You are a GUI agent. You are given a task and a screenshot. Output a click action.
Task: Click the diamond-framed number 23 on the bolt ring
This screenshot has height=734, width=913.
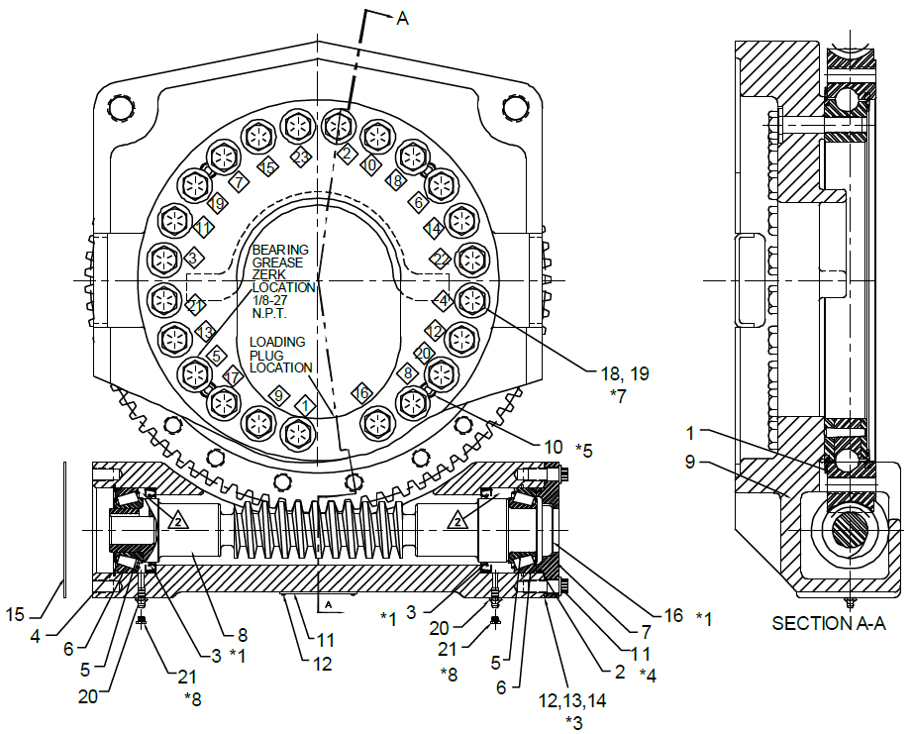301,157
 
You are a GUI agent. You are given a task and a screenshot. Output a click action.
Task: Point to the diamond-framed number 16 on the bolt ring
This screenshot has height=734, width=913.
361,392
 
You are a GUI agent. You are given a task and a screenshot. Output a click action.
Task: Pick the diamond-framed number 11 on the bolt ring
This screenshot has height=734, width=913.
202,228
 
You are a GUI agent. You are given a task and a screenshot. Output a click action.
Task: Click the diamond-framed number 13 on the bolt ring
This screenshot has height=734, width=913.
204,331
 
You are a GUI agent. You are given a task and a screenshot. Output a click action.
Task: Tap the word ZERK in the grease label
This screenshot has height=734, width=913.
268,274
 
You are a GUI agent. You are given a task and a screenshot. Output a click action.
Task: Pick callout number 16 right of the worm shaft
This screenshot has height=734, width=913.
673,615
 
